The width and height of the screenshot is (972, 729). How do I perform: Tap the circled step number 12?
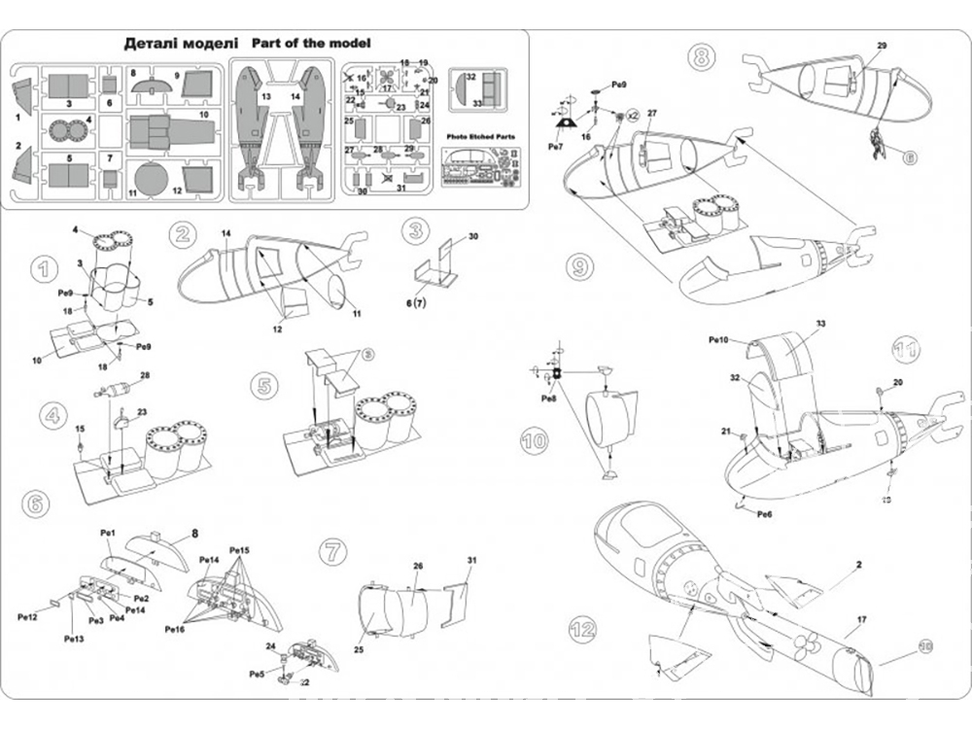(x=581, y=628)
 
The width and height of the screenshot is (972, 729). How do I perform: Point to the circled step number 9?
(x=577, y=264)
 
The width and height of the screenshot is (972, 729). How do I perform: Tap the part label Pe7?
(x=555, y=146)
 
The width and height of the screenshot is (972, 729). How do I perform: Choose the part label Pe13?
(x=74, y=639)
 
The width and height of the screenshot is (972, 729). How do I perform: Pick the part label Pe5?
(x=257, y=674)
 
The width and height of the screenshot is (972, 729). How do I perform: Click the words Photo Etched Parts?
(x=481, y=138)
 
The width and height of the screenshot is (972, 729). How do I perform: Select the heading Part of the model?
(x=311, y=44)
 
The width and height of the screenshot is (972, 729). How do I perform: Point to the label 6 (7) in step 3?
(x=419, y=303)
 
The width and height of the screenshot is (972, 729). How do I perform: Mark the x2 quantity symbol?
(x=631, y=116)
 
